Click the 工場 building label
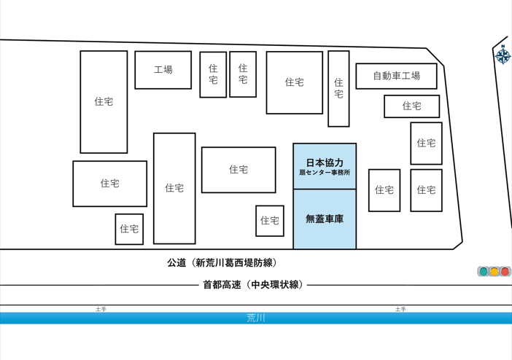coord(163,69)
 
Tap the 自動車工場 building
coord(397,76)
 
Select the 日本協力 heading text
coord(325,163)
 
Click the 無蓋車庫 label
coord(325,219)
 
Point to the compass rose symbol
coord(503,55)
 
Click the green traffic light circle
coord(484,272)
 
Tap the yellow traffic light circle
coord(494,272)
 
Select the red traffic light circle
coord(505,272)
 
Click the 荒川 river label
coord(256,318)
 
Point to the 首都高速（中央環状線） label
coord(253,285)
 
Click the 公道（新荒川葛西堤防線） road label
coord(222,263)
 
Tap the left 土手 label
coord(101,309)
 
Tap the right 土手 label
coord(400,309)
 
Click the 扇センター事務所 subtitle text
coord(325,172)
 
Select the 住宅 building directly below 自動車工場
coord(412,106)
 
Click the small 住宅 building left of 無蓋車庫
coord(270,221)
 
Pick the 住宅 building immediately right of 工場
coord(213,74)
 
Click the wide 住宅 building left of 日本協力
coord(238,170)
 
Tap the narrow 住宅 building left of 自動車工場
coord(338,88)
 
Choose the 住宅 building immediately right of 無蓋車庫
coord(384,190)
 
